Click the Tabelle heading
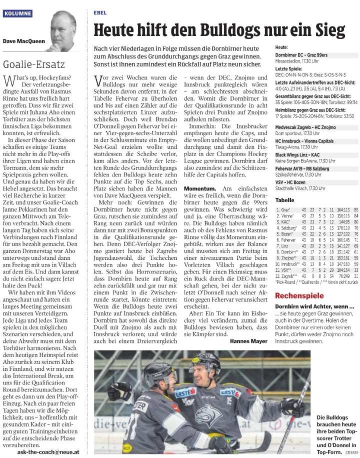pos(284,199)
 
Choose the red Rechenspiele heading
pos(299,295)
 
